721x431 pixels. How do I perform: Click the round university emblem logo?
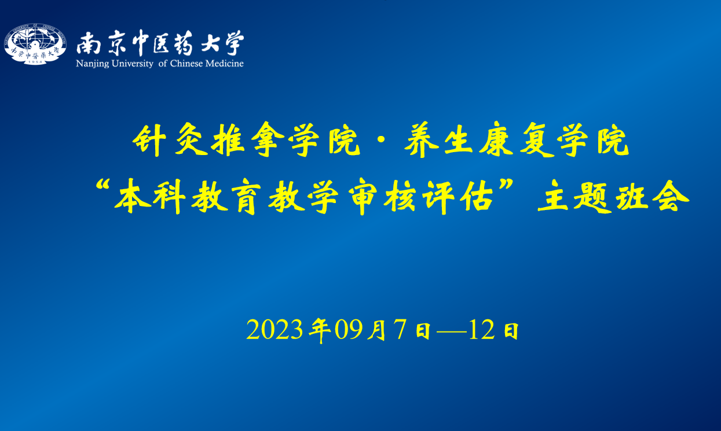coord(35,44)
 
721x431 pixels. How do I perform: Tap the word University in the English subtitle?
coord(132,64)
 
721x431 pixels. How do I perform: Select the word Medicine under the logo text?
coord(224,64)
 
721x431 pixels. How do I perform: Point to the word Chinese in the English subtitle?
coord(186,64)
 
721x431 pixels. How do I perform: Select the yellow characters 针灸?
coord(170,140)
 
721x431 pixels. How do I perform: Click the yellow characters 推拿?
coord(248,139)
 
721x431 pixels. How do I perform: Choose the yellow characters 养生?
coord(438,140)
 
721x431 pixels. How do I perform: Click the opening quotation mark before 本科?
coord(103,186)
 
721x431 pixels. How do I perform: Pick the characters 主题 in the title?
coord(574,196)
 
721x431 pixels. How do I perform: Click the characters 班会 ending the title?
coord(653,196)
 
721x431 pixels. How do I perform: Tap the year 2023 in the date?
coord(275,330)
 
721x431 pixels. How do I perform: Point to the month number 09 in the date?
coord(349,330)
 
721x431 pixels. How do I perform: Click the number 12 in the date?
coord(482,330)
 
